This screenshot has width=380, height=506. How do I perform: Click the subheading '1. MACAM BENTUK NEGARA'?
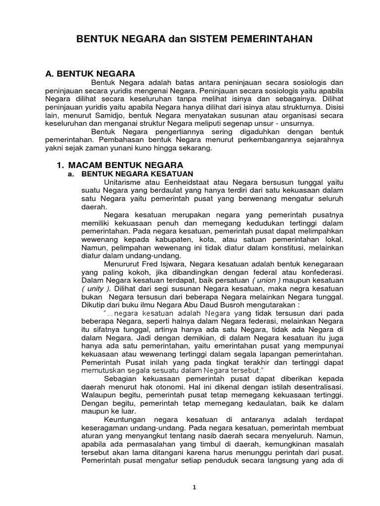tap(120, 165)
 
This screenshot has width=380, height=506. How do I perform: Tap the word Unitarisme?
tap(124, 182)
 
